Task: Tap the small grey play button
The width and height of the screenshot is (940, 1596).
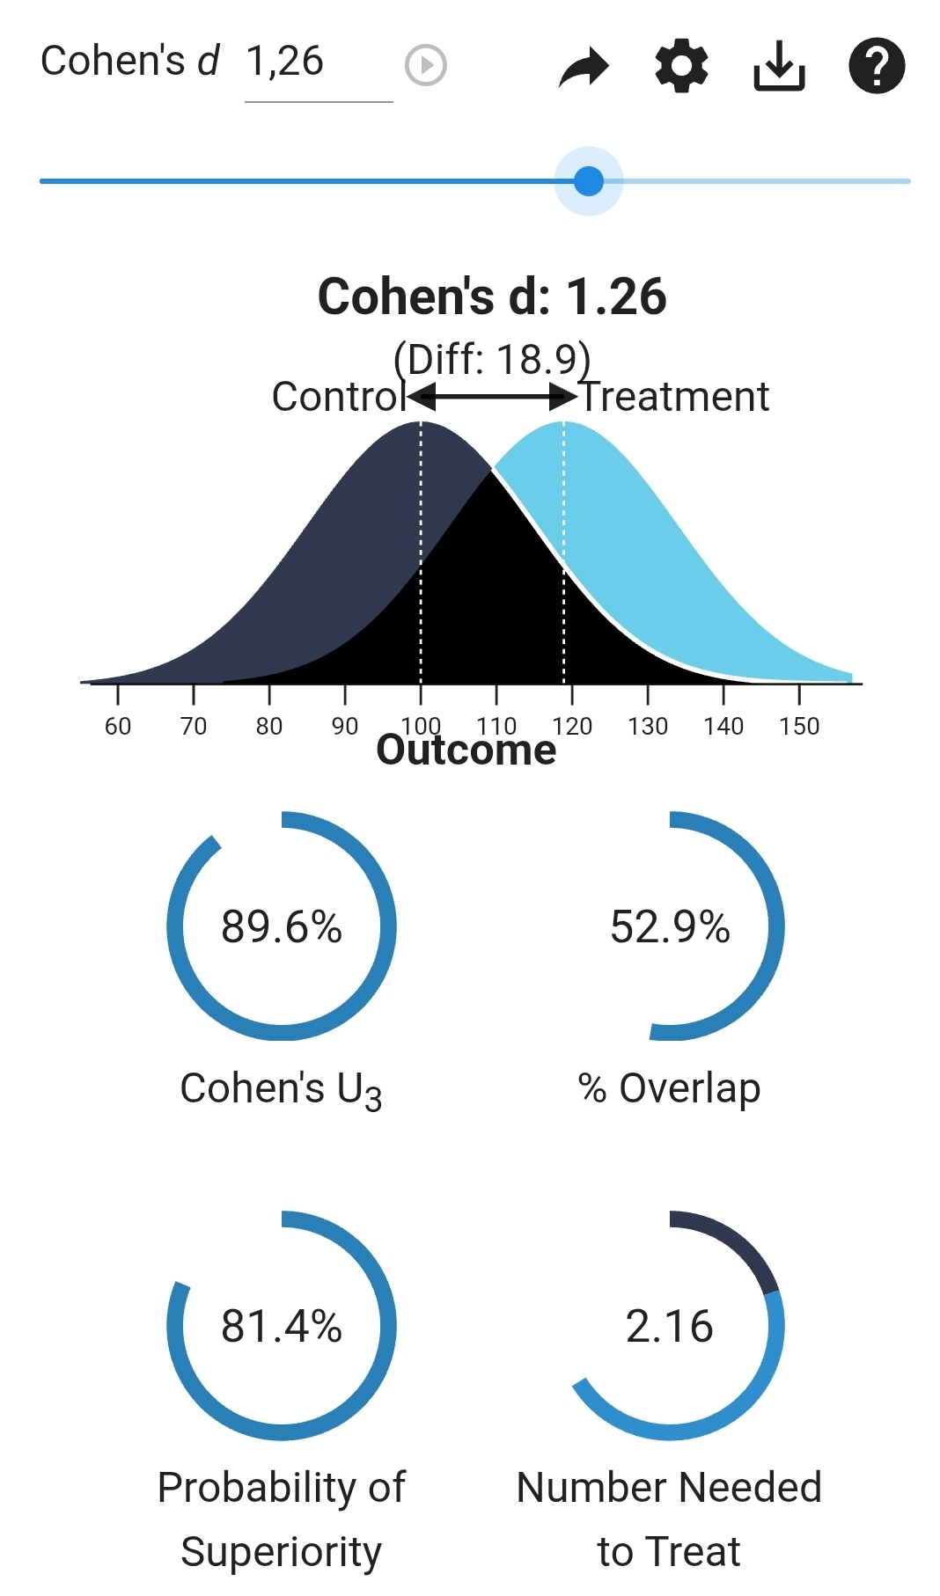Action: pyautogui.click(x=426, y=65)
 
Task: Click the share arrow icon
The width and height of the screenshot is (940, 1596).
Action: pyautogui.click(x=584, y=67)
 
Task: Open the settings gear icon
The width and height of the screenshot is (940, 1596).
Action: pyautogui.click(x=682, y=66)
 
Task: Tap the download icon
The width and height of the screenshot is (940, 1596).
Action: pyautogui.click(x=779, y=66)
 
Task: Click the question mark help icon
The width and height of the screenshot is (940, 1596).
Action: pyautogui.click(x=877, y=66)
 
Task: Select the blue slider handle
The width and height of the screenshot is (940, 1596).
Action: pyautogui.click(x=589, y=181)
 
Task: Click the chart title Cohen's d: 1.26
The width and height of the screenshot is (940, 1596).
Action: pyautogui.click(x=492, y=297)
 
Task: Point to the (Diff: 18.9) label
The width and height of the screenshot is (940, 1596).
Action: pyautogui.click(x=492, y=359)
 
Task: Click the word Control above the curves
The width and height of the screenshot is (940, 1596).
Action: pyautogui.click(x=338, y=397)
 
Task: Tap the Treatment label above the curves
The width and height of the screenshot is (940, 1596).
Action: pyautogui.click(x=675, y=397)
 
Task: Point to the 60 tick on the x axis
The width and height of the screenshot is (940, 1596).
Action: pyautogui.click(x=118, y=726)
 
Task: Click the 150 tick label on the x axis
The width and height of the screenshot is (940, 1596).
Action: pyautogui.click(x=799, y=726)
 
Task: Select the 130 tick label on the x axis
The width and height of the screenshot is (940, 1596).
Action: pyautogui.click(x=648, y=726)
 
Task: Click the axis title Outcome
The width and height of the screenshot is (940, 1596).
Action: pyautogui.click(x=466, y=750)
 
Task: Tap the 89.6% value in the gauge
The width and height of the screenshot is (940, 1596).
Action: pyautogui.click(x=282, y=926)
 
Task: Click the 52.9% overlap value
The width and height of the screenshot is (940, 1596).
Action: pyautogui.click(x=670, y=926)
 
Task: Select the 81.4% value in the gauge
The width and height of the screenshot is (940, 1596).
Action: pyautogui.click(x=282, y=1326)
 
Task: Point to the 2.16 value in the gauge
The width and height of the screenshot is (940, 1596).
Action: pyautogui.click(x=670, y=1326)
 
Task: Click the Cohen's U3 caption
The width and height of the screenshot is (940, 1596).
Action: pyautogui.click(x=282, y=1089)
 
